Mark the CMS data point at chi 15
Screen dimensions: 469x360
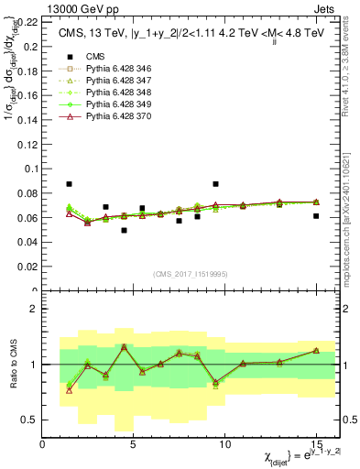coord(316,216)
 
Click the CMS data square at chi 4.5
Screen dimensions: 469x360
coord(124,230)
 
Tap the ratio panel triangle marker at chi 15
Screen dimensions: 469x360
coord(316,350)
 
